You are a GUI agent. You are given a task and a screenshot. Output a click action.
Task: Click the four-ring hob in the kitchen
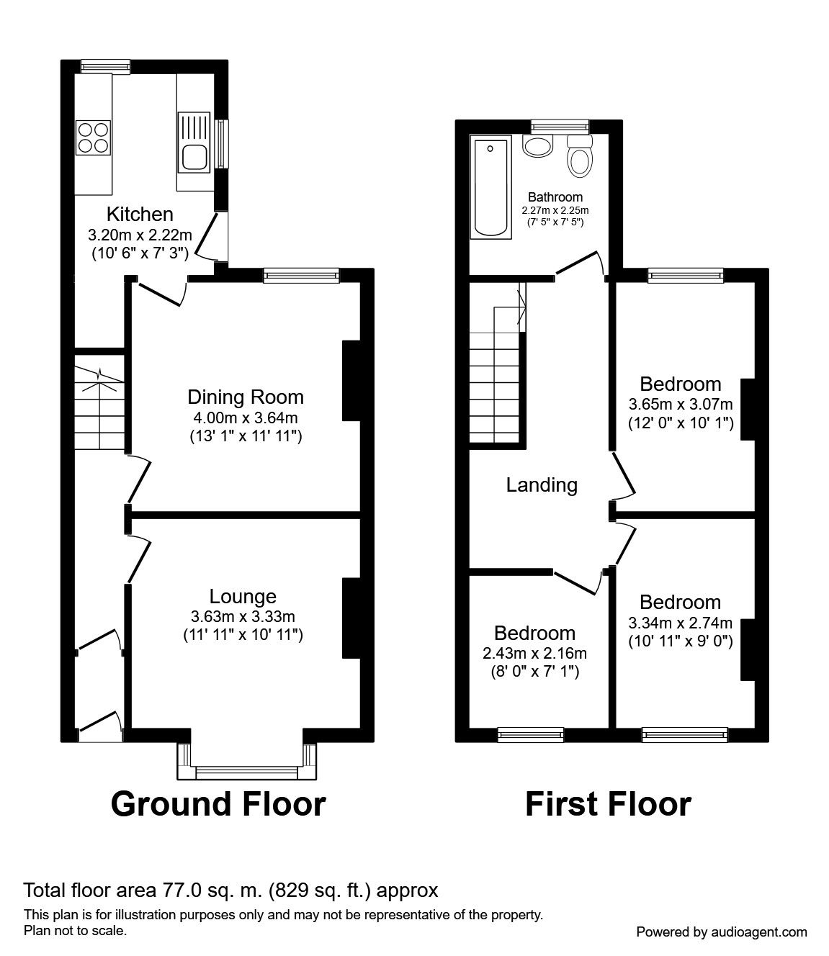tap(94, 137)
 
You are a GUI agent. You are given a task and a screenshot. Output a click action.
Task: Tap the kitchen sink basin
tap(195, 157)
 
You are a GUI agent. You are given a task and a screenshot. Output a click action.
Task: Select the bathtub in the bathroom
tap(490, 187)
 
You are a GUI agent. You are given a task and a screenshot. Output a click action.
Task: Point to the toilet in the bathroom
tap(580, 156)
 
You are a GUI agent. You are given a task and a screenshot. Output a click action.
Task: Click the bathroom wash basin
tap(538, 145)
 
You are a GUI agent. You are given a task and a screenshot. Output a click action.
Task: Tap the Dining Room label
tap(246, 397)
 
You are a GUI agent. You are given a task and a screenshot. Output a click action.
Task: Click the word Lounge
tap(243, 596)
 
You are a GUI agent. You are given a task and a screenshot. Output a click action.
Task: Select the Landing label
tap(542, 484)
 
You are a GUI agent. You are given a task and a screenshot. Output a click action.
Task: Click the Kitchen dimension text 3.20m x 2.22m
tap(140, 235)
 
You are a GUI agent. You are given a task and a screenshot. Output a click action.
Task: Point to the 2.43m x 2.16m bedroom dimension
tap(534, 653)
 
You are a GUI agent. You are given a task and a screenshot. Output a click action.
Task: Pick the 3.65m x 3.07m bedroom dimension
tap(681, 405)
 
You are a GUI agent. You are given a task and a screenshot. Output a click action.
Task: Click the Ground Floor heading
tap(218, 804)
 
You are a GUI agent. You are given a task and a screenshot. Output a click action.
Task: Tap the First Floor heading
tap(608, 804)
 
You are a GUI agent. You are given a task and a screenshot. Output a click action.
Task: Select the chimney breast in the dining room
tap(351, 381)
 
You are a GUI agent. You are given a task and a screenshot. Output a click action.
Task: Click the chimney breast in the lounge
tap(351, 618)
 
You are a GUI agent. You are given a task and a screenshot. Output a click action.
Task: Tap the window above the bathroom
tap(560, 126)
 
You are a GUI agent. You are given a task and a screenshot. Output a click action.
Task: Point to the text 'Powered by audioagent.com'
tap(722, 932)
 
